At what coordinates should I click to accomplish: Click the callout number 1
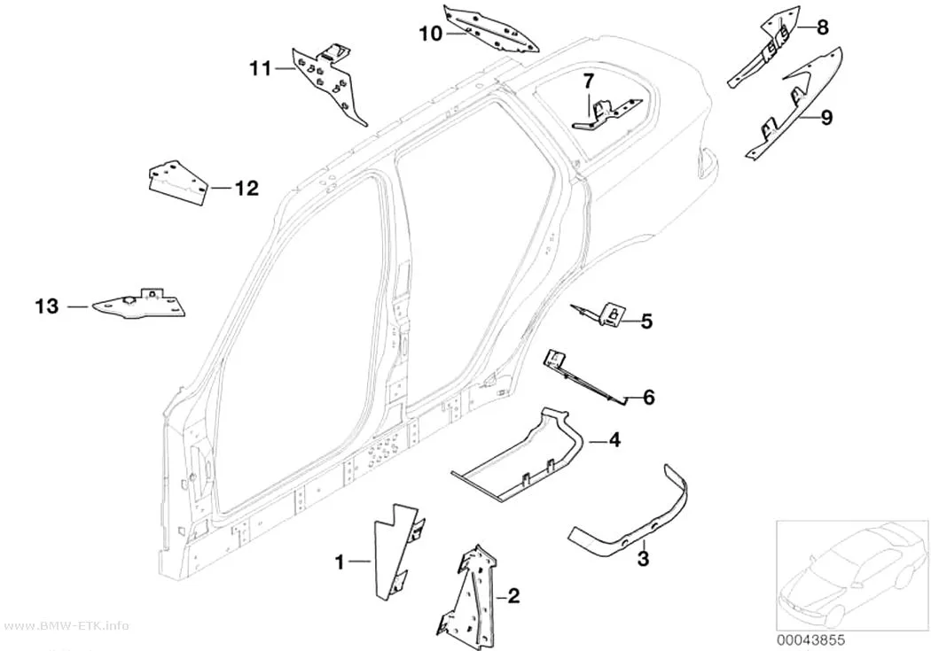point(340,562)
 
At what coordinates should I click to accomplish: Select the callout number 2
point(513,595)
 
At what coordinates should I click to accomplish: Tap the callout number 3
point(643,558)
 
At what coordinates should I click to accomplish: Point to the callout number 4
point(614,440)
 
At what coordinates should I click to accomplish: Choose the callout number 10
point(431,34)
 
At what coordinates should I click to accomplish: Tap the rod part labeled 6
point(585,377)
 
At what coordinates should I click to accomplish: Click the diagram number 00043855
point(810,640)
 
